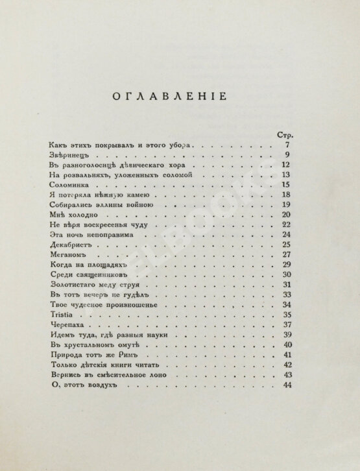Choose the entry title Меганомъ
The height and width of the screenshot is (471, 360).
65,254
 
